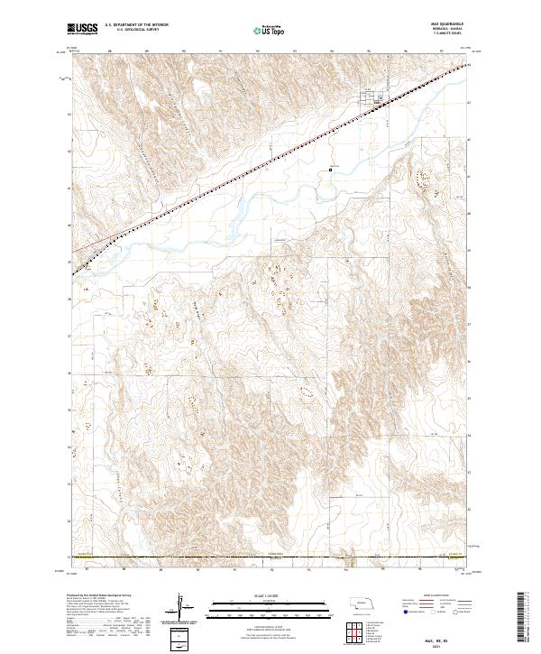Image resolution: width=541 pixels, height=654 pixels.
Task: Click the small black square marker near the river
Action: click(331, 168)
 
